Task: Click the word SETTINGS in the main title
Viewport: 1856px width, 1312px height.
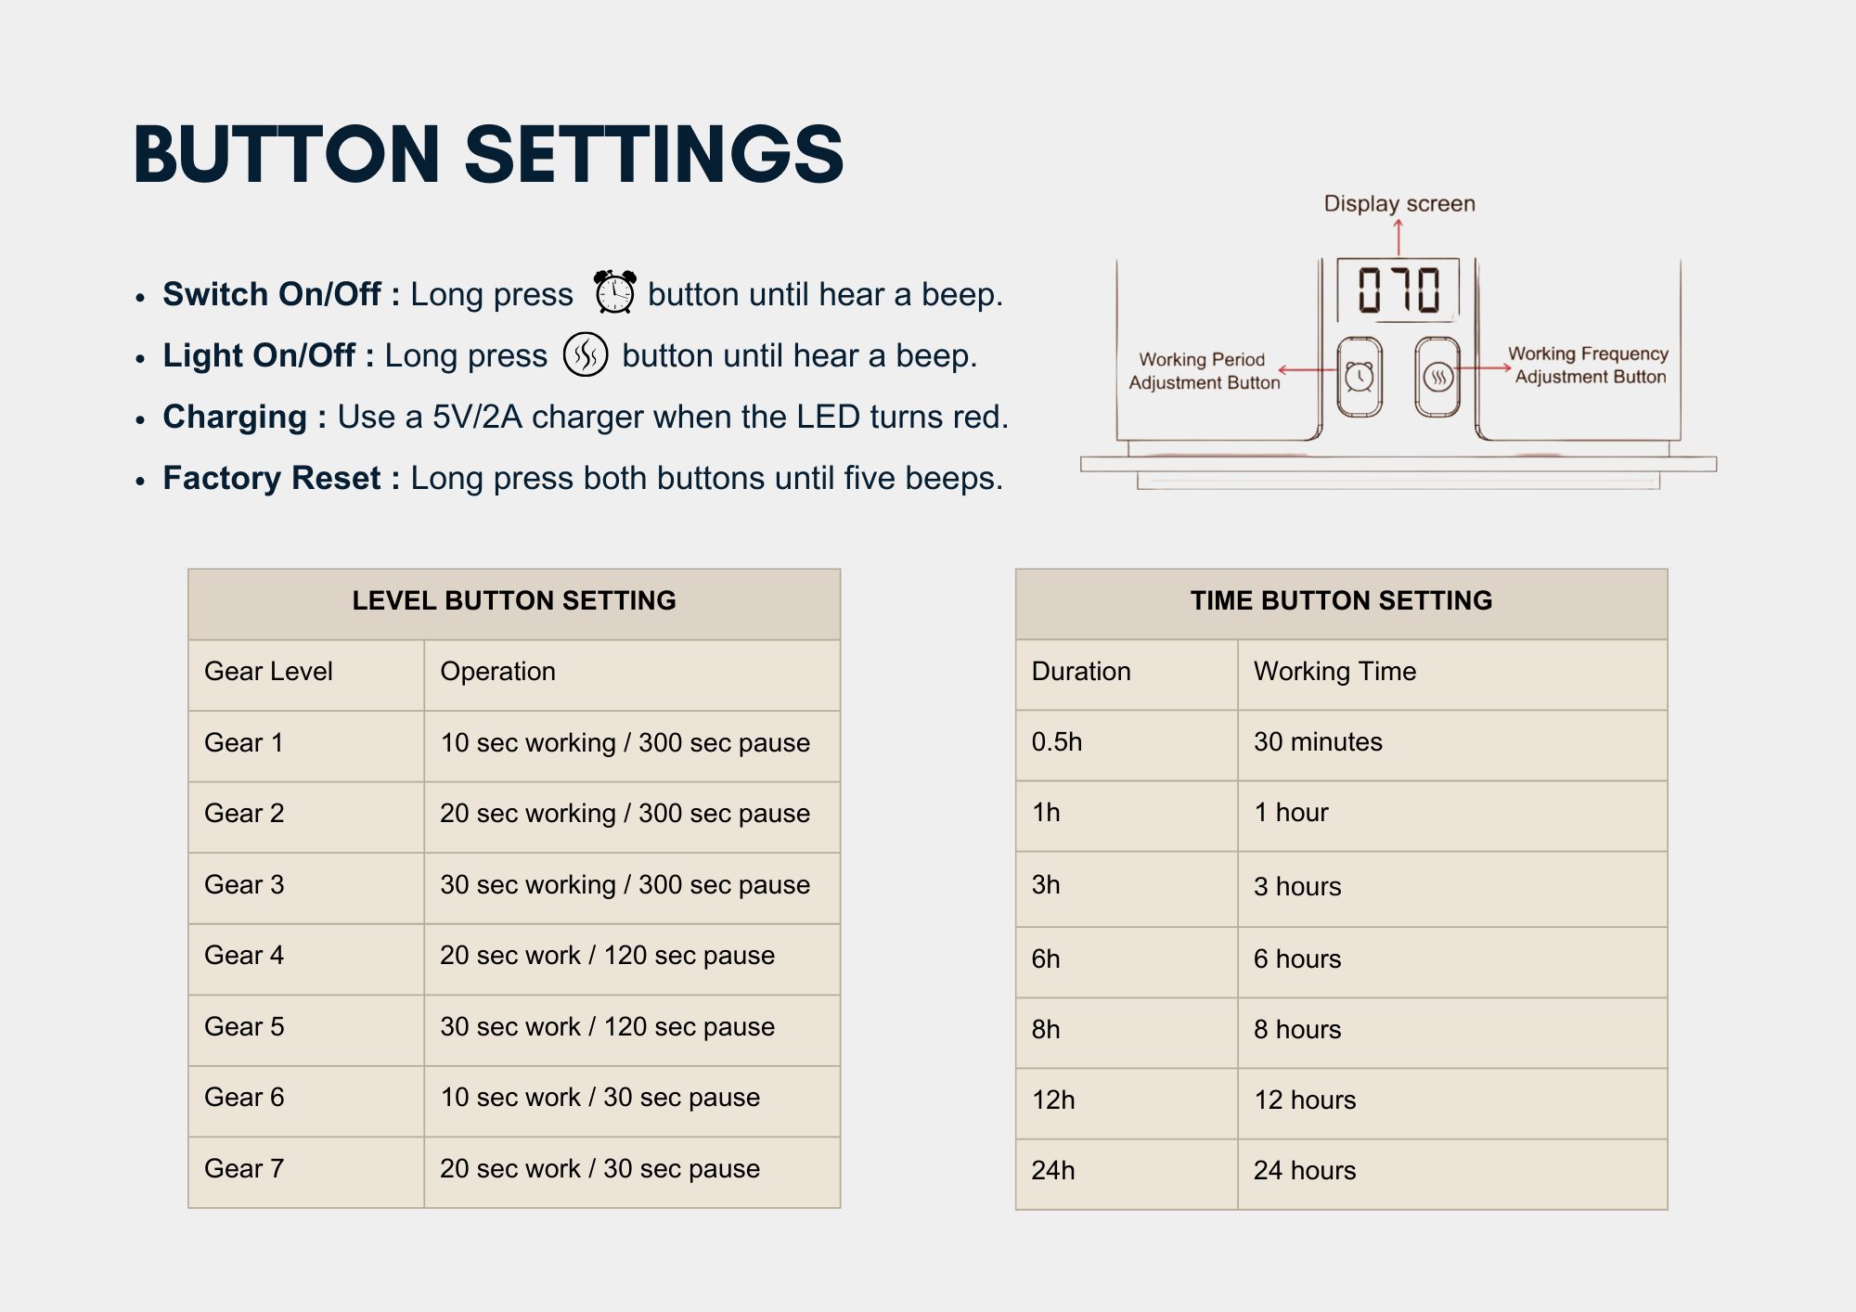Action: coord(654,154)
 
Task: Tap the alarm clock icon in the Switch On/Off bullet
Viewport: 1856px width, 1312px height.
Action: coord(615,291)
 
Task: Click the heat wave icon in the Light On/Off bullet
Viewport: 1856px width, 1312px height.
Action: coord(586,354)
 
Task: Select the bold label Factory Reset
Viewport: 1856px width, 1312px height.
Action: coord(272,478)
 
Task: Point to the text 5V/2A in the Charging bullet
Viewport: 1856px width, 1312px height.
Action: coord(477,417)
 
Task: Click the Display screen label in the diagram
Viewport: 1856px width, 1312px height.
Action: coord(1399,203)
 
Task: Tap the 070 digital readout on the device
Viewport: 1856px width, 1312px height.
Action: coord(1398,289)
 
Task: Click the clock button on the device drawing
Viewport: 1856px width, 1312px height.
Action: coord(1360,377)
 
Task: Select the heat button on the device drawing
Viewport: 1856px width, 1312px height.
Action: coord(1437,377)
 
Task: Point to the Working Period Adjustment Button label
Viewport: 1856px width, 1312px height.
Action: coord(1204,370)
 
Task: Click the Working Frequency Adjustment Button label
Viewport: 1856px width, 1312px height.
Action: coord(1588,365)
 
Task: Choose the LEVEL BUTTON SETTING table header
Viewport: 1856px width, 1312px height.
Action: coord(514,600)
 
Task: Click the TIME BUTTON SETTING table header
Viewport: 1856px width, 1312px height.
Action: coord(1341,600)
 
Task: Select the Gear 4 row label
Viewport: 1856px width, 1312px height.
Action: coord(244,955)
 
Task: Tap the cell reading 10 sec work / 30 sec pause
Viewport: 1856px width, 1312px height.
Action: coord(599,1097)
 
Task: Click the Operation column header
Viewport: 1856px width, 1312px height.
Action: coord(497,671)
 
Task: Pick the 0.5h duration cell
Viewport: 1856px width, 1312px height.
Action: coord(1057,741)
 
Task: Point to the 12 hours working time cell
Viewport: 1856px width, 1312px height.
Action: coord(1305,1100)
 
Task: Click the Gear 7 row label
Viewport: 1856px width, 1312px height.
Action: coord(244,1168)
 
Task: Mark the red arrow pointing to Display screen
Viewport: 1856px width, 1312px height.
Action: coord(1398,238)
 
